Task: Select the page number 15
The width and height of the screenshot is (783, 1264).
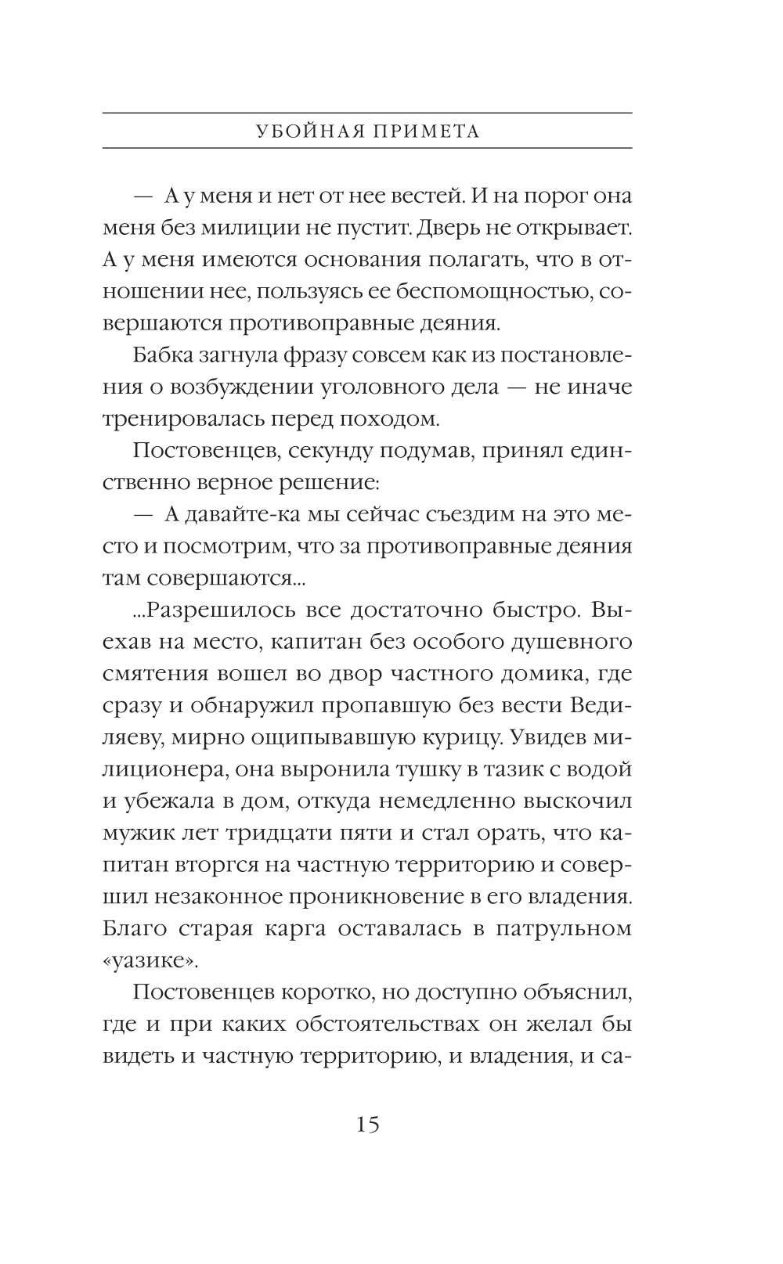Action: [x=367, y=1125]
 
